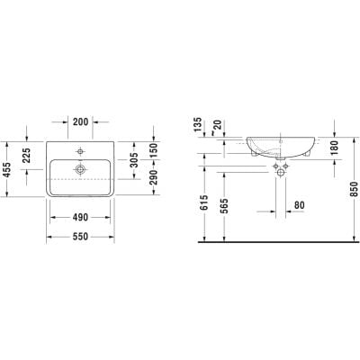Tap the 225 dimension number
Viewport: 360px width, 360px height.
[28, 153]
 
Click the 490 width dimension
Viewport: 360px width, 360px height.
[81, 216]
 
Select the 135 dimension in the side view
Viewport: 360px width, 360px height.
[197, 127]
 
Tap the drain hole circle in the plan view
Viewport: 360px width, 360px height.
[81, 167]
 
